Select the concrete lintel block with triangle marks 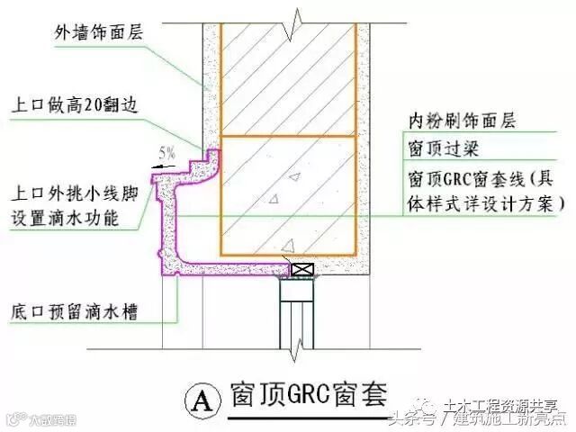pyautogui.click(x=289, y=193)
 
